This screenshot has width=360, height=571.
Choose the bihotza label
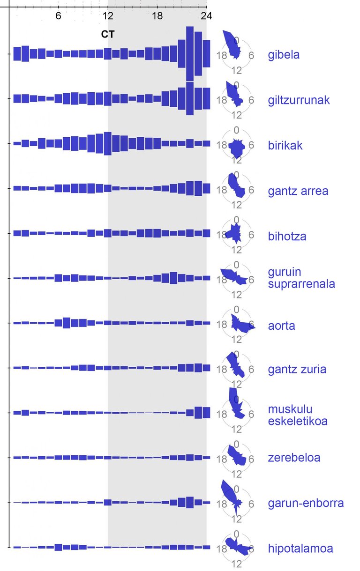click(287, 236)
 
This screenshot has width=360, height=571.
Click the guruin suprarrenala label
click(301, 278)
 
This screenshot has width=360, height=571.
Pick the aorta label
click(281, 326)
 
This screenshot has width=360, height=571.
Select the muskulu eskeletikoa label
click(297, 415)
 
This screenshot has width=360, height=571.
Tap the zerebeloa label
click(294, 458)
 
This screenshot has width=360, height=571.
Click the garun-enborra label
click(306, 503)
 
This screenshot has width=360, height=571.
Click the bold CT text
click(108, 34)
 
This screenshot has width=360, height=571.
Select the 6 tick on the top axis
click(58, 15)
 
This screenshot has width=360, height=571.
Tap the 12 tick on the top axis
click(108, 15)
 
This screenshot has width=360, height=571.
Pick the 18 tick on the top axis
click(157, 15)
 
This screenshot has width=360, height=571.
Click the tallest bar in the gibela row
click(190, 54)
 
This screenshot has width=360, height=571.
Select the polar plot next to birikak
click(237, 146)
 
